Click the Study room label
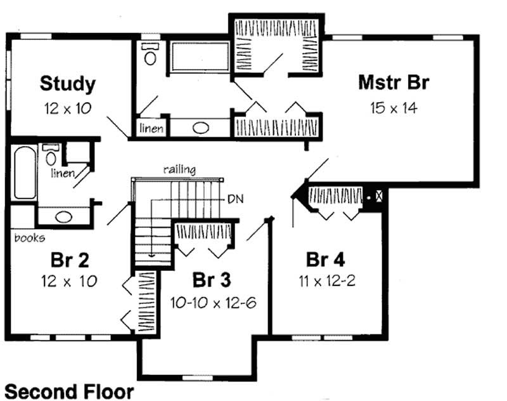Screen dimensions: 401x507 pyautogui.click(x=68, y=83)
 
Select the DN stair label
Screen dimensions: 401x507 pyautogui.click(x=234, y=198)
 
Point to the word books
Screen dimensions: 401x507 pyautogui.click(x=29, y=238)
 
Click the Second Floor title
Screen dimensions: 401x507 pyautogui.click(x=69, y=391)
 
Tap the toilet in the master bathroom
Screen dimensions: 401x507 pyautogui.click(x=150, y=55)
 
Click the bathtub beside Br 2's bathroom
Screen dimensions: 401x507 pyautogui.click(x=22, y=173)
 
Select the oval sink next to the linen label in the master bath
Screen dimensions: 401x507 pyautogui.click(x=201, y=128)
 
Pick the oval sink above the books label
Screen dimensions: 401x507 pyautogui.click(x=63, y=216)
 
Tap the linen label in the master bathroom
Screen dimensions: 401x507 pyautogui.click(x=152, y=129)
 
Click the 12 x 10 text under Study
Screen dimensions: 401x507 pyautogui.click(x=68, y=107)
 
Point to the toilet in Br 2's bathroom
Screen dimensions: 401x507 pyautogui.click(x=51, y=155)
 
